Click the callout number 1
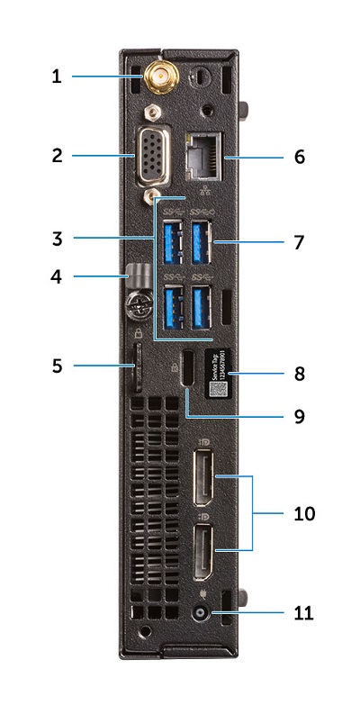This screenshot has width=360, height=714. click(56, 77)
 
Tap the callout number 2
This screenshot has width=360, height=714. click(56, 156)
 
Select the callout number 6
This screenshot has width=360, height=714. click(299, 156)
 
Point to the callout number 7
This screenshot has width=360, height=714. click(299, 242)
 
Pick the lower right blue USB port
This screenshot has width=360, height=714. click(203, 305)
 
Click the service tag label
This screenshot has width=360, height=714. click(219, 372)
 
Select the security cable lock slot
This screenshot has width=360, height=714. click(187, 370)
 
